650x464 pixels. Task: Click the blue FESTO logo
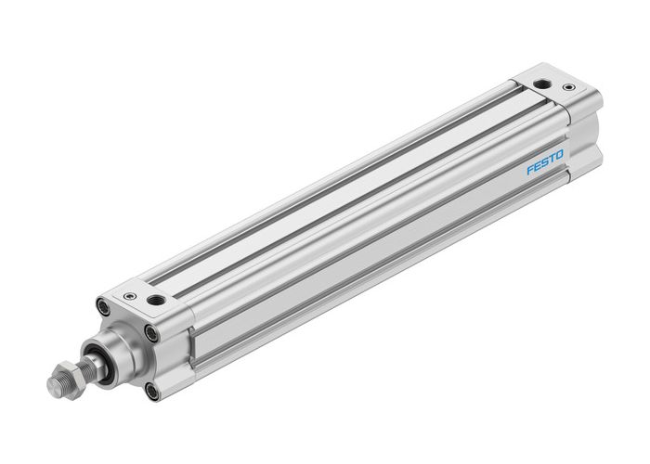point(547,166)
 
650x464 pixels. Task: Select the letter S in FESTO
point(547,166)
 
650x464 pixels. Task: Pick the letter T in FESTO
point(554,163)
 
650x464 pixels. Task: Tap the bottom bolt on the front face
point(151,392)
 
